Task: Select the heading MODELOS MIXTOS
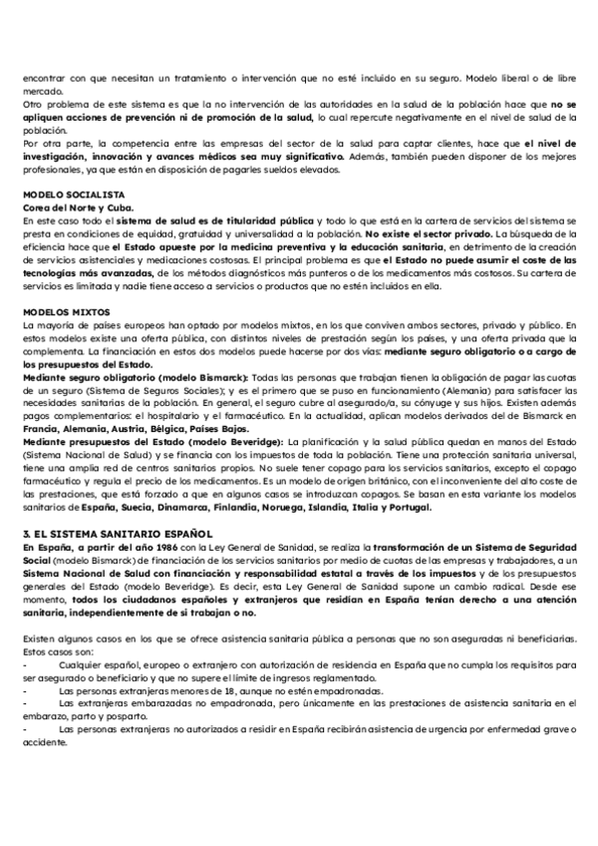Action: [63, 312]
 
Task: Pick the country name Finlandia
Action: [254, 508]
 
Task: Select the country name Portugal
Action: [408, 508]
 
